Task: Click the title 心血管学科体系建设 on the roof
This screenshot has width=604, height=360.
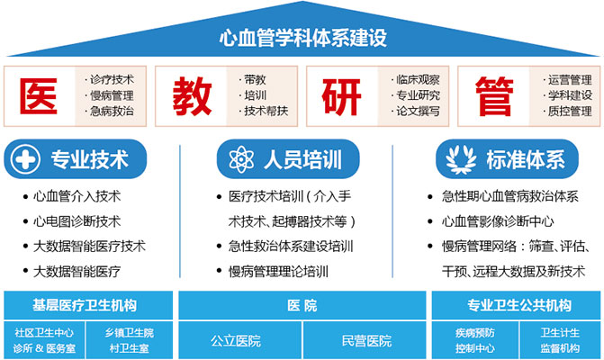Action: coord(302,38)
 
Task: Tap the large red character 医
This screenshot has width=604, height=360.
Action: coord(39,96)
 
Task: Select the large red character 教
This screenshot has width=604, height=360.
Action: coord(192,96)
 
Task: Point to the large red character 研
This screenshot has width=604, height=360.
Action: coord(342,96)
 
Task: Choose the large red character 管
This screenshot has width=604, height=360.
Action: coord(494,96)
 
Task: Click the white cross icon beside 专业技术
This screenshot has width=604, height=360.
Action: coord(25,159)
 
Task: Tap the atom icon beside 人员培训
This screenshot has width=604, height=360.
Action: coord(241,159)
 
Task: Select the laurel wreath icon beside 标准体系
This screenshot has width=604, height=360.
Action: coord(461,159)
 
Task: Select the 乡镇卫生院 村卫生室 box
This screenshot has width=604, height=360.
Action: coord(130,340)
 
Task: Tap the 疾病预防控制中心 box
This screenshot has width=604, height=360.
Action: coord(474,340)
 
